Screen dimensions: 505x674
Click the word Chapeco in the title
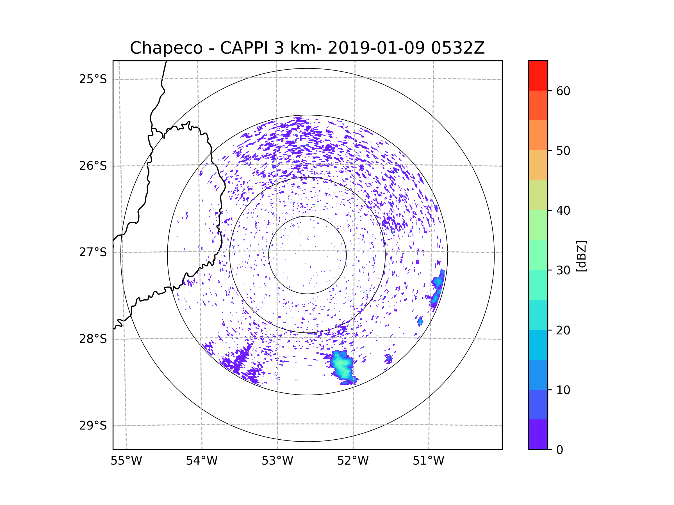[166, 48]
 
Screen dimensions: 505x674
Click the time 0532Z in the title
[457, 48]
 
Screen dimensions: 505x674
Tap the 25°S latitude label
[93, 79]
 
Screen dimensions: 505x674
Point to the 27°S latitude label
[93, 252]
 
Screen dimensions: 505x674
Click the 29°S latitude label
[93, 426]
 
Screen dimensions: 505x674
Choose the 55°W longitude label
[126, 461]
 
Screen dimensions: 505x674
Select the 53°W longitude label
[277, 461]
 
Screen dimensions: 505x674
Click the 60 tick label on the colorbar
[563, 91]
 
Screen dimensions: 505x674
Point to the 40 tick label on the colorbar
[563, 211]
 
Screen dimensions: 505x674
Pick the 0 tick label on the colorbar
[560, 450]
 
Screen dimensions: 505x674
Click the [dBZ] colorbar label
[581, 256]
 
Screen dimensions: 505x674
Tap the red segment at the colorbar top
[538, 75]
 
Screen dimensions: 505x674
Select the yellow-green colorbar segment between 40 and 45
[538, 195]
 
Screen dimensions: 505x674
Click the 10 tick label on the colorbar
[563, 390]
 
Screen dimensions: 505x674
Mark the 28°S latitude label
[93, 339]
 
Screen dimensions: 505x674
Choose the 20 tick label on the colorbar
[563, 330]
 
